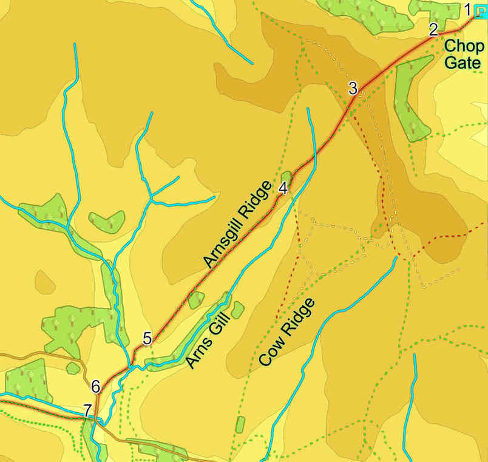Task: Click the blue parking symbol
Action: coord(480,12)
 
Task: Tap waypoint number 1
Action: coord(467,8)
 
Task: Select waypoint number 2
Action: coord(433,29)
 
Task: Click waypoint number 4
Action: coord(283,188)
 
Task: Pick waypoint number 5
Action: coord(147,339)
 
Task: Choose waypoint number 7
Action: coord(88,410)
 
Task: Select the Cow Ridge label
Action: coord(287,331)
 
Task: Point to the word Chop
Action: coord(464,46)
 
